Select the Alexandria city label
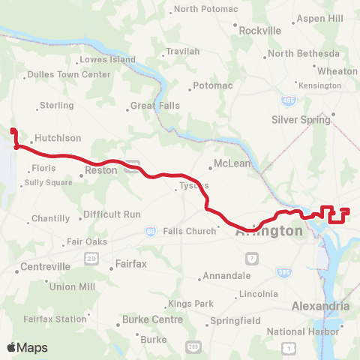[320, 306]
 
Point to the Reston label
[101, 170]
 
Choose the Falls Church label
[189, 231]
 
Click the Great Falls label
[154, 106]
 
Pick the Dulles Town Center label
[68, 74]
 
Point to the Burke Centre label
[152, 319]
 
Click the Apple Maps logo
[27, 347]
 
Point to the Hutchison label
[57, 139]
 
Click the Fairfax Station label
[55, 319]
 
